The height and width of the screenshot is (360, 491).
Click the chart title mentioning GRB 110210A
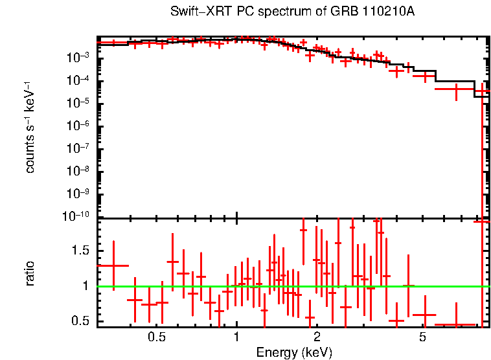tap(291, 12)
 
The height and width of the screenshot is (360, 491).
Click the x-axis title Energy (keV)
tap(294, 352)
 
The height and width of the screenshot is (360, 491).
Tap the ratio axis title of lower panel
tap(30, 273)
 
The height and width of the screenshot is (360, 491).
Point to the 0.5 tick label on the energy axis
tap(156, 338)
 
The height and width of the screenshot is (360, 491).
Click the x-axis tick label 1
tap(236, 338)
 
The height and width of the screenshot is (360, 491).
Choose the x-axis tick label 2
tap(317, 338)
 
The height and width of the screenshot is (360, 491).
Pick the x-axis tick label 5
tap(422, 338)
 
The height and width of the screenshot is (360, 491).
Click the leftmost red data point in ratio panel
tap(113, 265)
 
